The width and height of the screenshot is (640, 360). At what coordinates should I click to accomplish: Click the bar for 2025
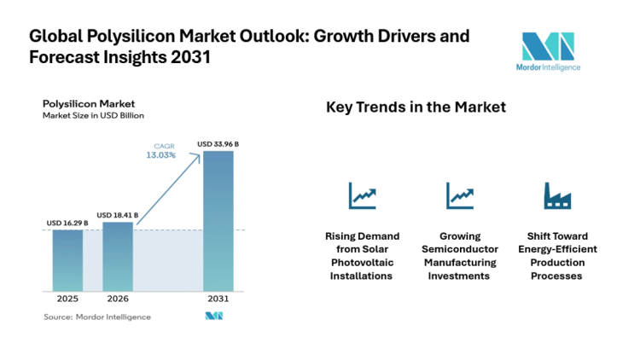tap(67, 261)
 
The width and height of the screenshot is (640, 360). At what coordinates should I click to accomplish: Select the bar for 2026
tap(118, 257)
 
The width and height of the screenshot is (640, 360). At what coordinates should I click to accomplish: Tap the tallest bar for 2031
tap(218, 222)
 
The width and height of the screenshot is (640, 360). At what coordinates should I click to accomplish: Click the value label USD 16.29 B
tap(67, 224)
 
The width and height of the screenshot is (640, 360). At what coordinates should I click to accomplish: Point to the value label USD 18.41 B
tap(118, 215)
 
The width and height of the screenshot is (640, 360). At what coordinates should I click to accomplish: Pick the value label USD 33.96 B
tap(218, 144)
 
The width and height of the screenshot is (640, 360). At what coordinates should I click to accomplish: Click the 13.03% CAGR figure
tap(163, 155)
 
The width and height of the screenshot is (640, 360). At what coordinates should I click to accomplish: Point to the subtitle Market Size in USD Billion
tap(93, 115)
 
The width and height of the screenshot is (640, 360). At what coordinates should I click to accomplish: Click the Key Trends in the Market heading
tap(416, 107)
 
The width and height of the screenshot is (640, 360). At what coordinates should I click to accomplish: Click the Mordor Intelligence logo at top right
tap(550, 52)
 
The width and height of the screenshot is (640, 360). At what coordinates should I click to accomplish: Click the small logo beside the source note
tap(213, 316)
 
